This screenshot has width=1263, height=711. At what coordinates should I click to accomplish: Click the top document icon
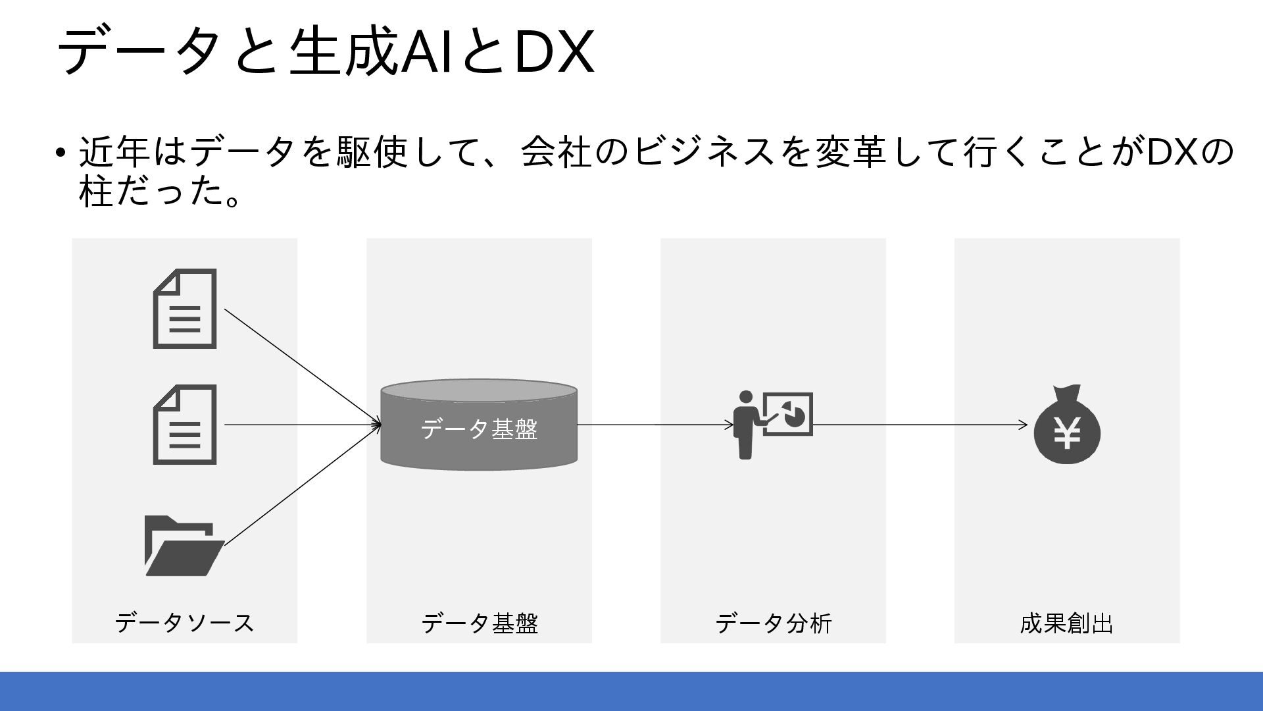click(x=185, y=309)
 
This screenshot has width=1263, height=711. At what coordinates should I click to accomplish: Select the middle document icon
click(x=185, y=425)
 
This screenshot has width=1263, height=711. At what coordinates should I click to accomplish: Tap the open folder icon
click(x=184, y=546)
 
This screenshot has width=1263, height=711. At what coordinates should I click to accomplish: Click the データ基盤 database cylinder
click(x=479, y=425)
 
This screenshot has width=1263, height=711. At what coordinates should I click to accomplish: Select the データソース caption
click(x=184, y=623)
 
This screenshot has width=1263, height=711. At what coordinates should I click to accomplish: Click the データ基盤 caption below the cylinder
click(x=479, y=623)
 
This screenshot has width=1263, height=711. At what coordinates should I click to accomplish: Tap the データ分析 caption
click(x=773, y=623)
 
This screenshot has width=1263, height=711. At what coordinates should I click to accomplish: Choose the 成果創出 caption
click(x=1066, y=623)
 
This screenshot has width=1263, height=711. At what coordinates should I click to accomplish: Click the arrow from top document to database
click(x=303, y=367)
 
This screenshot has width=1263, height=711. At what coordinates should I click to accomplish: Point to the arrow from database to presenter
click(x=655, y=425)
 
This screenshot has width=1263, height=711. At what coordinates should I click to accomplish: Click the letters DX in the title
click(x=554, y=52)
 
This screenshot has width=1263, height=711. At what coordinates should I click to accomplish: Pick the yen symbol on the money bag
click(x=1067, y=434)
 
